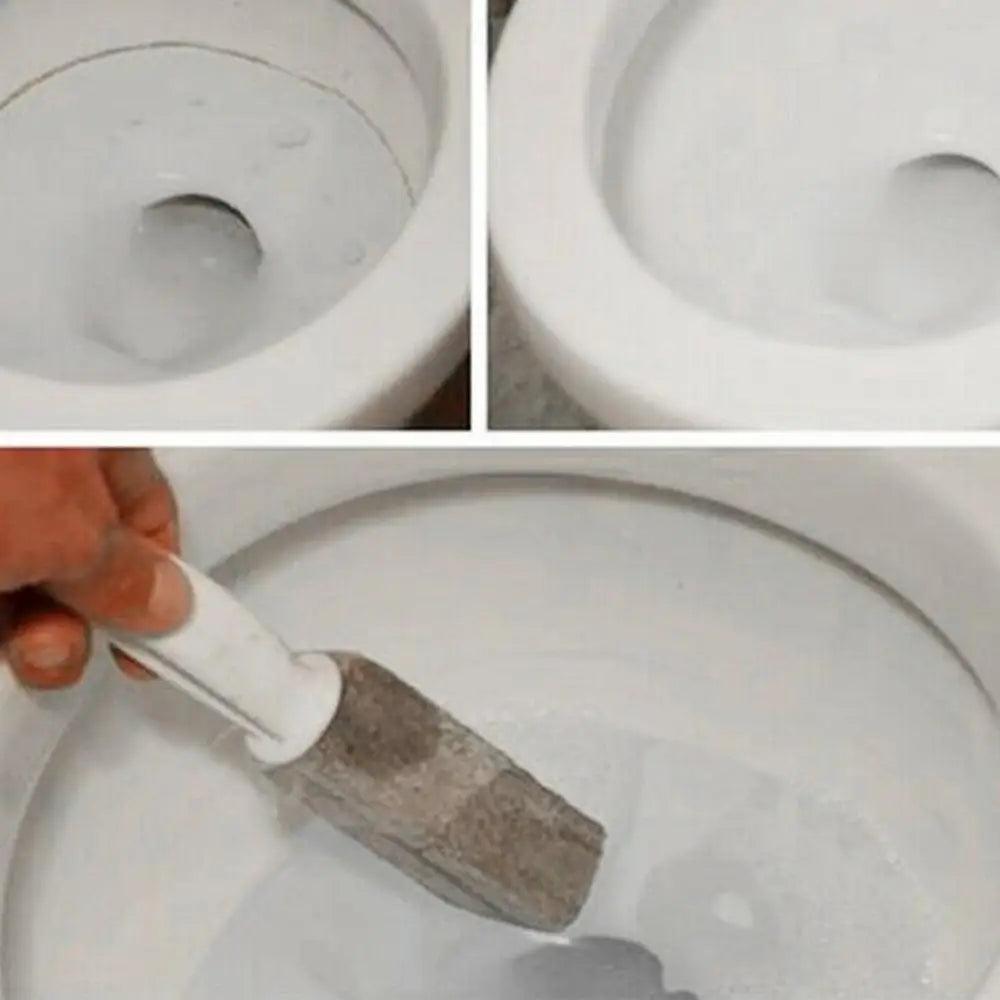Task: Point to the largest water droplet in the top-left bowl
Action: tap(292, 135)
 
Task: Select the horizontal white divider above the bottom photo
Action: tap(500, 438)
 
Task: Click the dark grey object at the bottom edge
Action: tap(590, 975)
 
